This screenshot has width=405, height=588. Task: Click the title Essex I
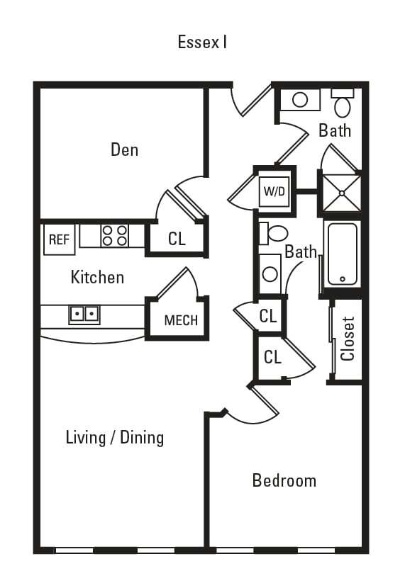click(x=202, y=42)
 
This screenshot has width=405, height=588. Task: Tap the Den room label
click(x=124, y=149)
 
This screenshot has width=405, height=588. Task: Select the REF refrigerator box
click(x=59, y=239)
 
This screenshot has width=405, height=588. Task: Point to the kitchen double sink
click(x=84, y=313)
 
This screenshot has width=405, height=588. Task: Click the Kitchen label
click(x=97, y=277)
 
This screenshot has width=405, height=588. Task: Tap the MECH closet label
click(x=181, y=320)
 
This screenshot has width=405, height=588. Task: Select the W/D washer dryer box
click(x=273, y=191)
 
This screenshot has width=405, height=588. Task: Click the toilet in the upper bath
click(x=343, y=103)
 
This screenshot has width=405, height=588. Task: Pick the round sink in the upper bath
click(x=300, y=100)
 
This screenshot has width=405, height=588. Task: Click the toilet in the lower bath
click(x=274, y=233)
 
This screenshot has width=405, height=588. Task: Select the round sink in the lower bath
click(x=270, y=273)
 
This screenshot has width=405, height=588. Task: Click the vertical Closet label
click(x=348, y=339)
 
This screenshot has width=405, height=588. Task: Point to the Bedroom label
click(x=284, y=481)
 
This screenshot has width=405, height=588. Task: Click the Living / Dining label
click(x=114, y=437)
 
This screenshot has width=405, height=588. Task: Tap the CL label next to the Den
click(x=177, y=239)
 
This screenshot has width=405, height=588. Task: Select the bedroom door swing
click(x=255, y=404)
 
